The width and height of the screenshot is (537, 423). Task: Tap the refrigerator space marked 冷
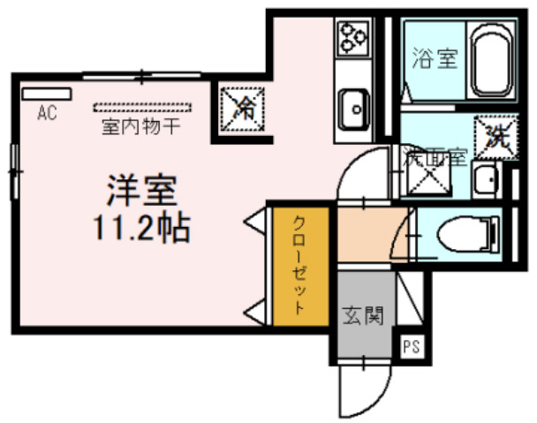pyautogui.click(x=240, y=110)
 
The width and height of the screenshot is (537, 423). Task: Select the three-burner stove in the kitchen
pyautogui.click(x=353, y=37)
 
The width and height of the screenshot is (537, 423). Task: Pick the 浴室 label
pyautogui.click(x=435, y=61)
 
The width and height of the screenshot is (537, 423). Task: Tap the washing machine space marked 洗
pyautogui.click(x=495, y=136)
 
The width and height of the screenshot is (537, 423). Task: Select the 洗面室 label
pyautogui.click(x=434, y=159)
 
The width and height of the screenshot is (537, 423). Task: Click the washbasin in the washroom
pyautogui.click(x=488, y=181)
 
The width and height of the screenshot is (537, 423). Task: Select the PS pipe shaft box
pyautogui.click(x=412, y=346)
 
